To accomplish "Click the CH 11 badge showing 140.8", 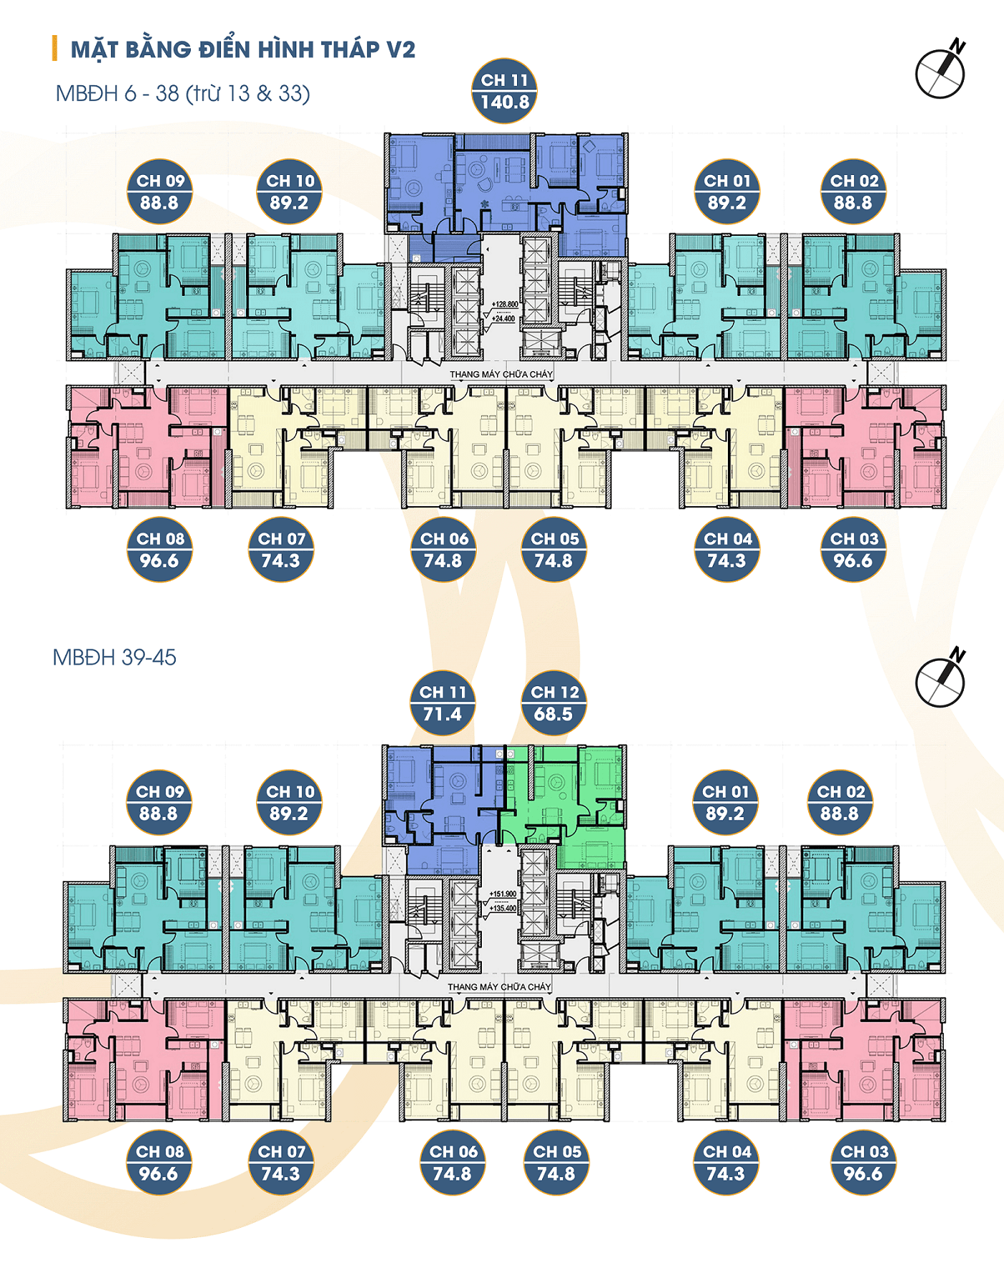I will click(504, 91).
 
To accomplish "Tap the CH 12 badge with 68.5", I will click(553, 703).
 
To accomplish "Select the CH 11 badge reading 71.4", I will click(442, 703).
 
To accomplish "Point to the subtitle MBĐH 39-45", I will click(115, 657).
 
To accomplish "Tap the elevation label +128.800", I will click(505, 305).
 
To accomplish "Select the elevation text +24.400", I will click(503, 319).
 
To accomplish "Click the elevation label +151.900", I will click(503, 894).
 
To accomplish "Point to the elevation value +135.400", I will click(503, 908).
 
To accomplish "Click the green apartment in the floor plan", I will click(574, 803).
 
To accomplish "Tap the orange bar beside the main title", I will click(55, 49).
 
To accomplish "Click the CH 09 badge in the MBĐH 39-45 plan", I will click(159, 803).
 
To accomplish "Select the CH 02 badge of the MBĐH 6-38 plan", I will click(853, 191).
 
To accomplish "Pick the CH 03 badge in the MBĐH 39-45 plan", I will click(863, 1163).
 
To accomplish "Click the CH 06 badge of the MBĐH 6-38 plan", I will click(443, 550).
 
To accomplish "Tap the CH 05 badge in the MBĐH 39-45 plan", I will click(557, 1163).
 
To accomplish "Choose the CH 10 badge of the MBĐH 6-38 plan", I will click(289, 191).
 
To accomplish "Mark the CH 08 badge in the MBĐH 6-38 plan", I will click(160, 550).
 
